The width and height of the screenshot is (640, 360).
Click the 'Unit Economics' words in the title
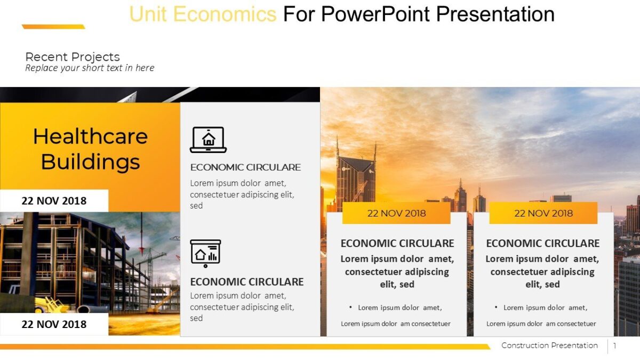[x=203, y=14]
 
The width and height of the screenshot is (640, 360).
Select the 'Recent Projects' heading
[x=73, y=57]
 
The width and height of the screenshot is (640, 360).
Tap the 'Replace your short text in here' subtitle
[x=90, y=68]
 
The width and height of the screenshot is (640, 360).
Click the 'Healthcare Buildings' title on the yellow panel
[x=90, y=149]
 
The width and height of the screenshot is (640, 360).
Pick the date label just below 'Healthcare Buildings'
[x=54, y=201]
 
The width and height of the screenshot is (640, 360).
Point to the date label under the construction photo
[x=54, y=324]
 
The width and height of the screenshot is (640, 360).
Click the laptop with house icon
[x=208, y=140]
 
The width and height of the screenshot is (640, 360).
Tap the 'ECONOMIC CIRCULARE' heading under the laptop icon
[x=245, y=167]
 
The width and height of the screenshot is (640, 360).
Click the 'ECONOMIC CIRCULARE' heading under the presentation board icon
[x=246, y=282]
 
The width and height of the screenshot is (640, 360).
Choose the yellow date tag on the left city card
[x=396, y=213]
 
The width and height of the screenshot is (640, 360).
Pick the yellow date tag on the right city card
[x=543, y=213]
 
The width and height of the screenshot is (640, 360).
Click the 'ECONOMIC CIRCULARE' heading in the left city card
[x=397, y=243]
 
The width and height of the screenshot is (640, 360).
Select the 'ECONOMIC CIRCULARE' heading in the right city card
[x=543, y=243]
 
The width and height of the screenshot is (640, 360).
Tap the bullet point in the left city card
[x=350, y=307]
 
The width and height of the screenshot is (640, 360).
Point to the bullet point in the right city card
[x=496, y=307]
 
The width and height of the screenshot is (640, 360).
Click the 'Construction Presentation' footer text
[x=549, y=346]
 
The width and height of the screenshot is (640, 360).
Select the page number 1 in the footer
[x=614, y=346]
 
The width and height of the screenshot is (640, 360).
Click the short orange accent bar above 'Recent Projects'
[x=53, y=27]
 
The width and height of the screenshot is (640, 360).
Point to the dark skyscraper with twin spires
[x=356, y=176]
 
